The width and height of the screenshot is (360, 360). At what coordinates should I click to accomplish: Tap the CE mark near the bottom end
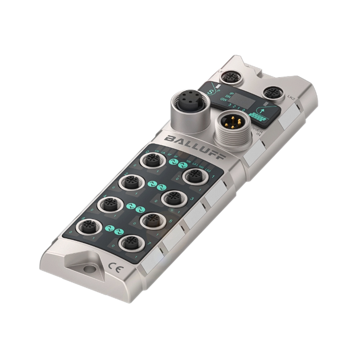click(113, 267)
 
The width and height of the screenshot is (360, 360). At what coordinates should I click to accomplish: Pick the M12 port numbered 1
click(195, 176)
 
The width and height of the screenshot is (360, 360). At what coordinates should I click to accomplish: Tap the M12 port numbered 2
click(131, 182)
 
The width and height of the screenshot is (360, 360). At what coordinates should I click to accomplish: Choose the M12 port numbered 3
click(174, 198)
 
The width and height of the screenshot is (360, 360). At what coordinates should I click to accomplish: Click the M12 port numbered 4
click(109, 204)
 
